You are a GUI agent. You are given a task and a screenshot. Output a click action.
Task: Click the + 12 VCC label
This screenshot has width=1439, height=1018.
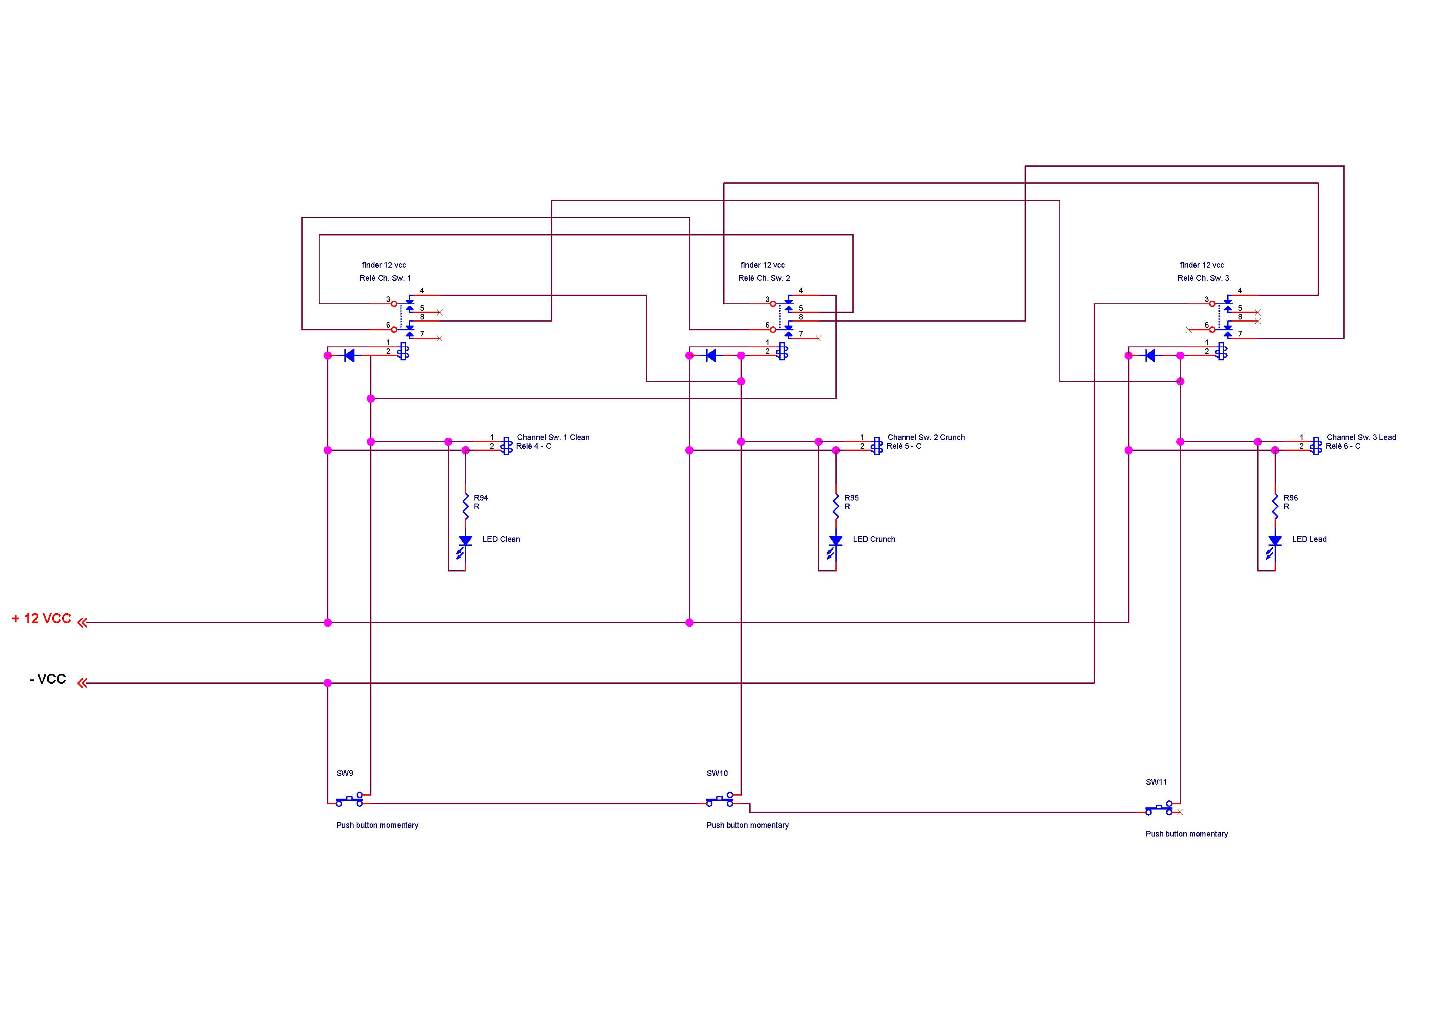(41, 618)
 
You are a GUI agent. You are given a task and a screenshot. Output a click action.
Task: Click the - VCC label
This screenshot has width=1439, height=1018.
(48, 679)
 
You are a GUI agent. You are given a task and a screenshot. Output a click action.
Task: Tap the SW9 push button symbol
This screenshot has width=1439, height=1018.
(349, 800)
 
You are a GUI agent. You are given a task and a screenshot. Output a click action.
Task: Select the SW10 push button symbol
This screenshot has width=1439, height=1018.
(719, 800)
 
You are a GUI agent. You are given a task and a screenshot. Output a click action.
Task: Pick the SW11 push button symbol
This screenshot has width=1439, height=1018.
(1159, 809)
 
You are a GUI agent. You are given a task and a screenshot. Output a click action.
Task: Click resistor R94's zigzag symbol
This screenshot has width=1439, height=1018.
(466, 506)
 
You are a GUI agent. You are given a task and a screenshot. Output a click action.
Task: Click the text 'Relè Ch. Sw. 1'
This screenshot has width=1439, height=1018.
(385, 278)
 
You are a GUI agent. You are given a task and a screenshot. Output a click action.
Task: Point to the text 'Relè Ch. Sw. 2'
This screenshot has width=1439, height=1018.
(764, 278)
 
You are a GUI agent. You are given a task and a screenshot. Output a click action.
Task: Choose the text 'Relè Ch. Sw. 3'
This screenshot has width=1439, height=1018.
(1203, 278)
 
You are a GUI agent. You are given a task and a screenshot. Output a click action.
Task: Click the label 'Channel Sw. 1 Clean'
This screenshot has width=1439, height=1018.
(553, 437)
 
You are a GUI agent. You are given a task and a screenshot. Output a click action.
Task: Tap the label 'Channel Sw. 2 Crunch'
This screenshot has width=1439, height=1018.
(926, 437)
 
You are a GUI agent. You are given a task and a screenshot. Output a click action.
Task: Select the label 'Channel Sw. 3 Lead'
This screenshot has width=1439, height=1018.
(1361, 437)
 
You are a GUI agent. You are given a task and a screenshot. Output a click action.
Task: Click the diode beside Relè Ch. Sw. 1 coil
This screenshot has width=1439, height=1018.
(350, 356)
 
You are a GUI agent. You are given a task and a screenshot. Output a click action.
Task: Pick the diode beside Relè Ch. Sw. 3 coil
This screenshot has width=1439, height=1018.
(1150, 356)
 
